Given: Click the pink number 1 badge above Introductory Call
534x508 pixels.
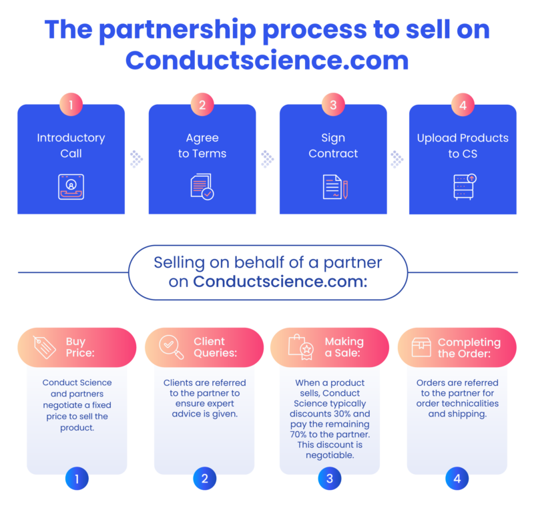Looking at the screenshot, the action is click(71, 105).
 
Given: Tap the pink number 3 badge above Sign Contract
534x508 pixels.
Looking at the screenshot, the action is click(333, 105).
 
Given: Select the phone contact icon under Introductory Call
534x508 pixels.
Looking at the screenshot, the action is click(71, 187).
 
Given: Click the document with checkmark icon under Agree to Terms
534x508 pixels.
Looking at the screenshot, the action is click(202, 187).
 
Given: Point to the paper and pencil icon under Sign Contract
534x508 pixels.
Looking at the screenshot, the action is click(335, 187).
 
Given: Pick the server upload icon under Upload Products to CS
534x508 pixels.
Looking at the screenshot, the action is click(465, 187).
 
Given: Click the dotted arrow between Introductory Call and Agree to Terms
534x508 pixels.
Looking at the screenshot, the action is click(136, 159).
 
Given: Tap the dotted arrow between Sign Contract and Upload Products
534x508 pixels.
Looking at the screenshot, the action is click(396, 159).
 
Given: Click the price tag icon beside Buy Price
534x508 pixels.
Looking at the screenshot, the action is click(45, 347).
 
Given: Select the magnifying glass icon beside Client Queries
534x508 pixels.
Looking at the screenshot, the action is click(171, 347).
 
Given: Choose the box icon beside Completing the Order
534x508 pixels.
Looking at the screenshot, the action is click(421, 347).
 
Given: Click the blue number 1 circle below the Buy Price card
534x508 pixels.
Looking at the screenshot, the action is click(77, 479).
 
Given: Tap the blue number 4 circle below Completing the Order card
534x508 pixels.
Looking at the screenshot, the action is click(457, 479).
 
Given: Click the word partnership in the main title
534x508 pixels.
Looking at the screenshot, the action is click(178, 31).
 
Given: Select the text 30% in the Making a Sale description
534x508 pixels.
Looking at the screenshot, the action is click(340, 414).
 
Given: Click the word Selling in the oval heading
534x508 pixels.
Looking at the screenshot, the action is click(179, 263).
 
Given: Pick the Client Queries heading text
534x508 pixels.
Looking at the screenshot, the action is click(215, 347).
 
